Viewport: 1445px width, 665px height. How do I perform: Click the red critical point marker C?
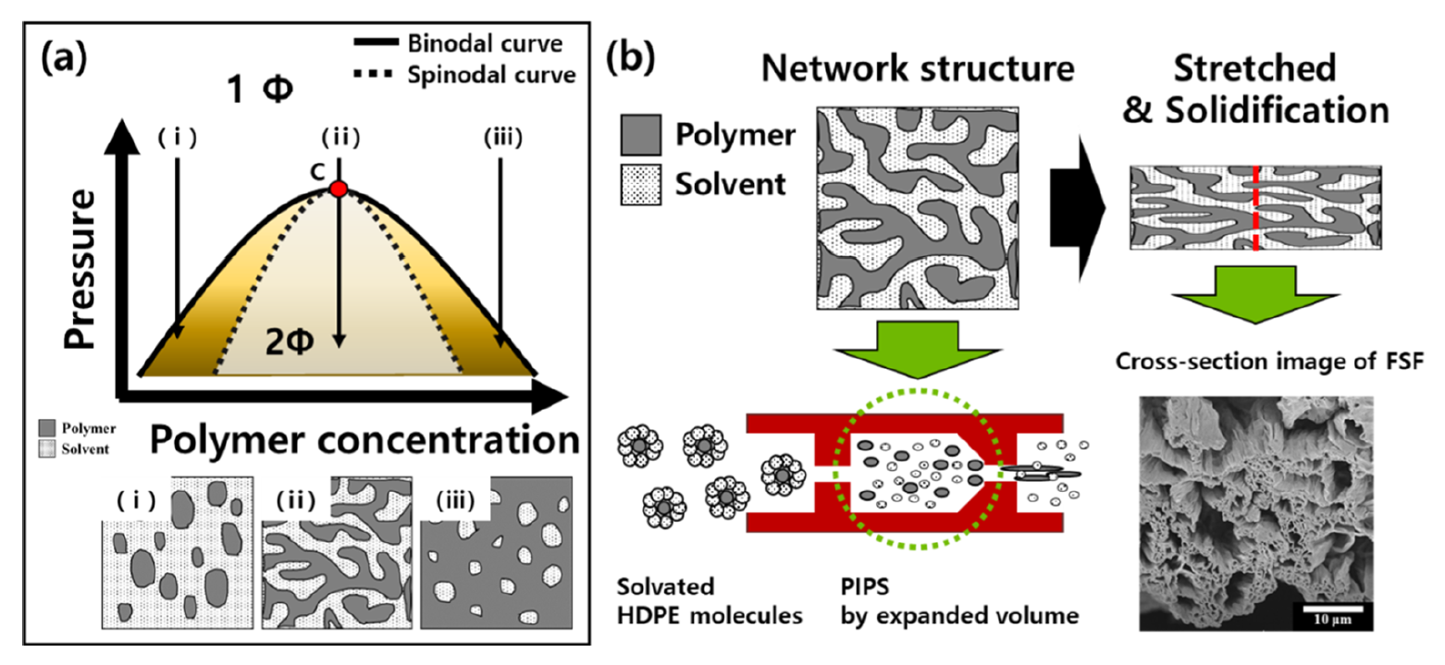(x=339, y=189)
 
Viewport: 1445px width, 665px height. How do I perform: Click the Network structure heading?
(x=922, y=68)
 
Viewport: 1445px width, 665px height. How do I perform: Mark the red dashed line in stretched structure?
(x=1255, y=208)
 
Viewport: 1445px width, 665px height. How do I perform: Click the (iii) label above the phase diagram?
(x=500, y=141)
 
